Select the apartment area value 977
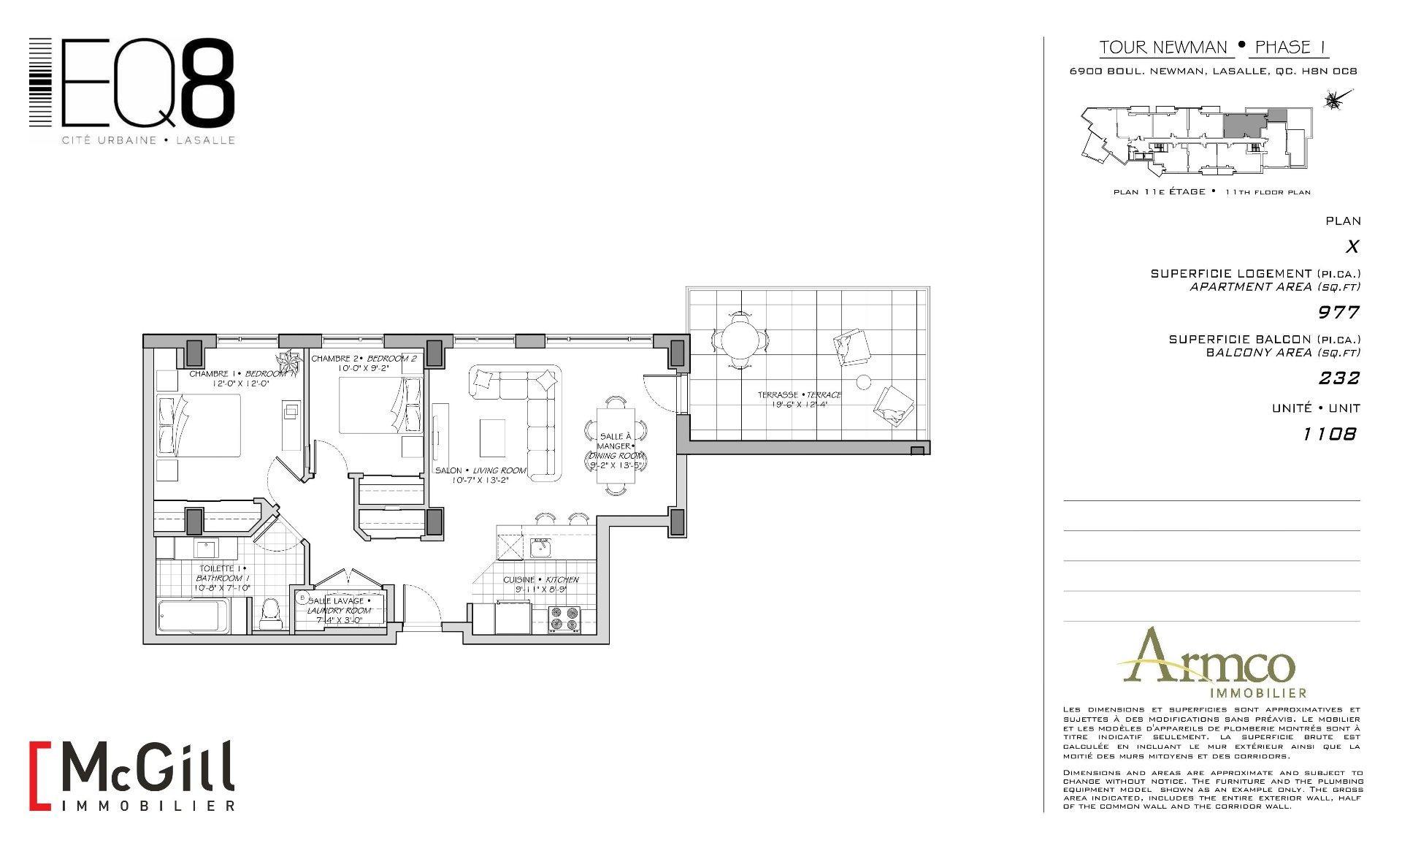coord(1338,313)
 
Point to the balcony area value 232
coord(1338,378)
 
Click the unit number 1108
coord(1330,434)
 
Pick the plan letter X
coord(1352,247)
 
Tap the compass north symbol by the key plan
coord(1334,101)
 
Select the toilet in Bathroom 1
coord(270,613)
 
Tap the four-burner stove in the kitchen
coord(564,619)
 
